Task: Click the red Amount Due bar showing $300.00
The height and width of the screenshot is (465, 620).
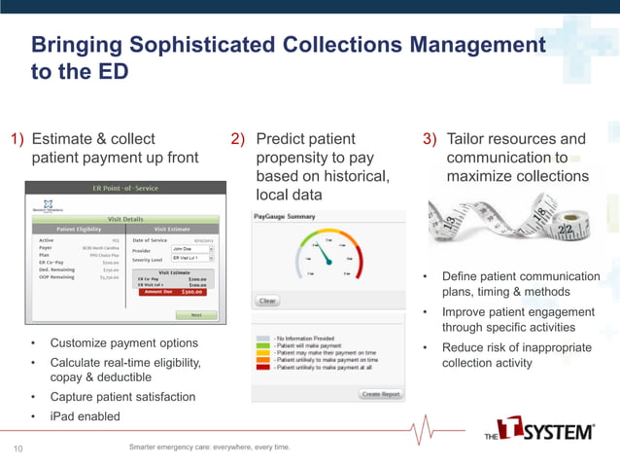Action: pos(172,291)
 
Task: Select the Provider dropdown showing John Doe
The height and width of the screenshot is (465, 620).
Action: pos(192,249)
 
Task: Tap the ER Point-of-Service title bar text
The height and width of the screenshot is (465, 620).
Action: pos(125,188)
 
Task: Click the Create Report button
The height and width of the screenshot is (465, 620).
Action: pos(381,394)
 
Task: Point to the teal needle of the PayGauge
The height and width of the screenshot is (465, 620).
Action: pos(327,255)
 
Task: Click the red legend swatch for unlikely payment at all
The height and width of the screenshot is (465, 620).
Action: pos(262,369)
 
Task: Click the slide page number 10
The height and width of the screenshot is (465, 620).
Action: pos(17,448)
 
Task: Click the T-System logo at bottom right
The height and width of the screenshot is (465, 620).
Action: pos(539,430)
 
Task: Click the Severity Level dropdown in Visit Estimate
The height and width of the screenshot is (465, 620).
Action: pos(192,259)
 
